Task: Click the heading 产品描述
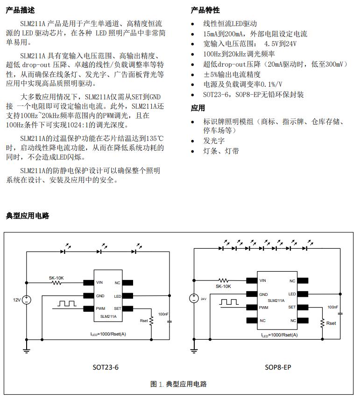(x=20, y=10)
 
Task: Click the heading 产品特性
(x=205, y=10)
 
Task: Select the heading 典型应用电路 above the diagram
(x=27, y=216)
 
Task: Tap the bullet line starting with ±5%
(x=238, y=74)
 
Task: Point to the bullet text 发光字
(x=214, y=140)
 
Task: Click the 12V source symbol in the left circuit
(x=27, y=300)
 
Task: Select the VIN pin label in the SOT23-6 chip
(x=99, y=282)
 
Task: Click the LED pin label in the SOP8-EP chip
(x=292, y=294)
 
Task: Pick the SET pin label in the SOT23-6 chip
(x=117, y=308)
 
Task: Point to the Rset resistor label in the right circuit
(x=331, y=323)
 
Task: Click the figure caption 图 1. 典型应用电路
(x=178, y=384)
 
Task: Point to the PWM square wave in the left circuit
(x=68, y=303)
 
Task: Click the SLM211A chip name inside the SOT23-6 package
(x=108, y=316)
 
